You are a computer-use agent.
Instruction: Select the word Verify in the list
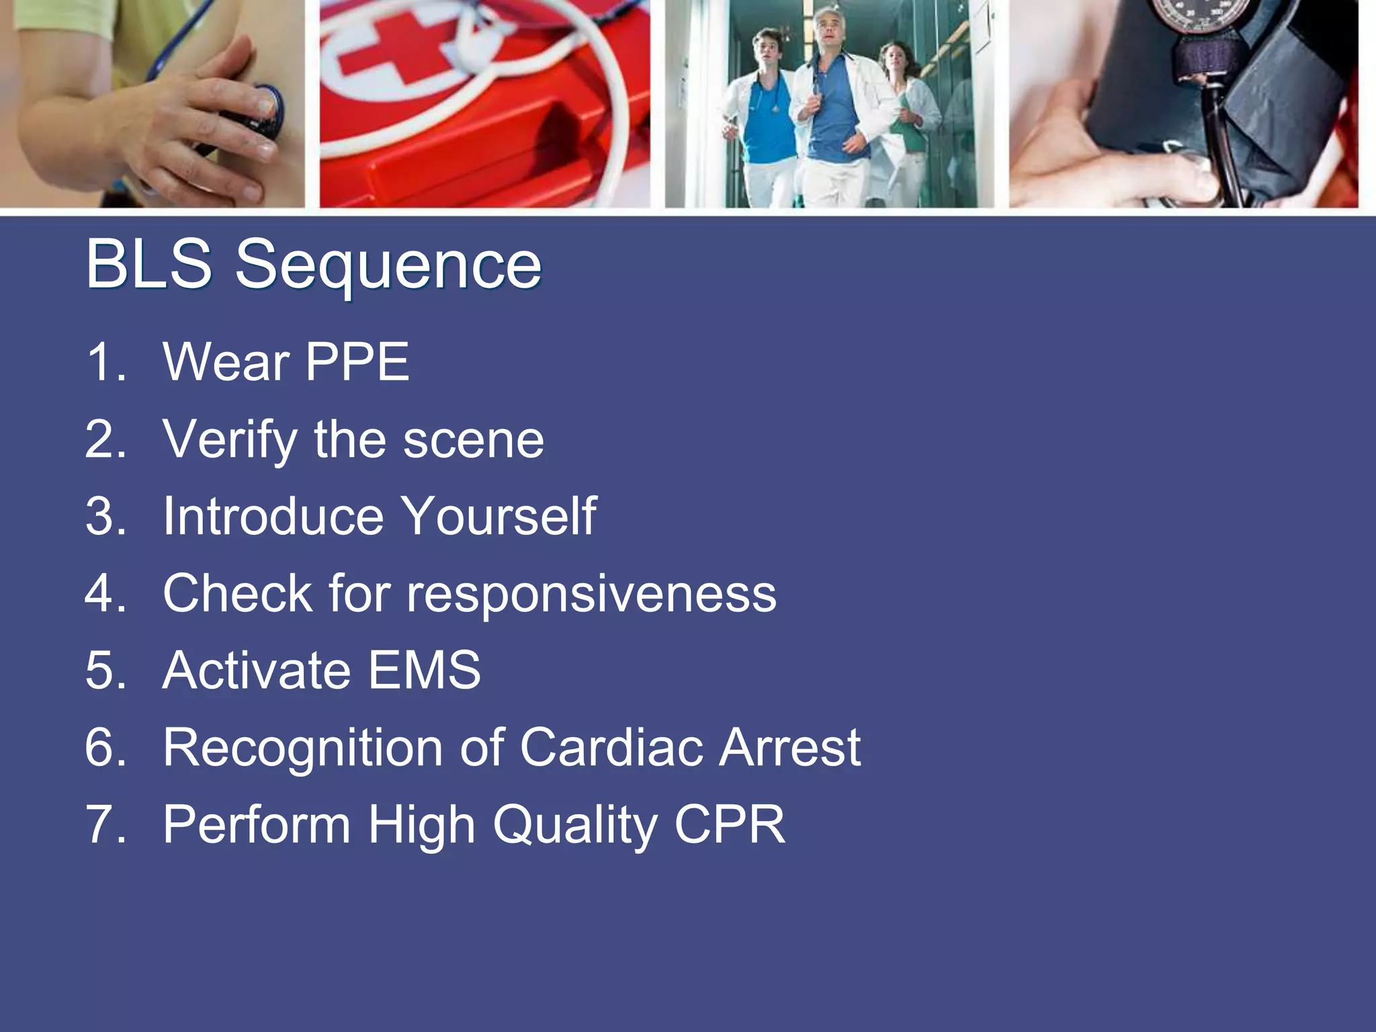point(230,439)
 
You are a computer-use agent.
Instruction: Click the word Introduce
point(273,516)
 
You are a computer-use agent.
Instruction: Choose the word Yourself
point(499,516)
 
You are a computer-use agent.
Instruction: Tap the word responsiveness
point(591,594)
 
